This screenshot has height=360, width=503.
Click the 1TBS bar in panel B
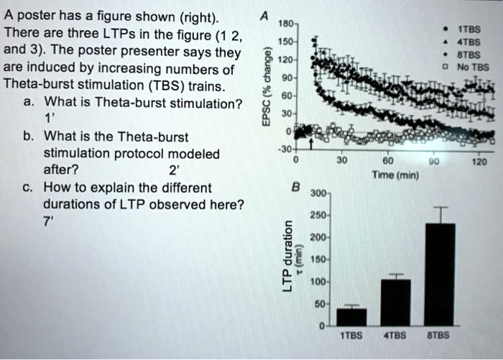[351, 316]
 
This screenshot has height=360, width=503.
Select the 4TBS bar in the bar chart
[395, 302]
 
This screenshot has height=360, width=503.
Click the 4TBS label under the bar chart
[396, 335]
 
